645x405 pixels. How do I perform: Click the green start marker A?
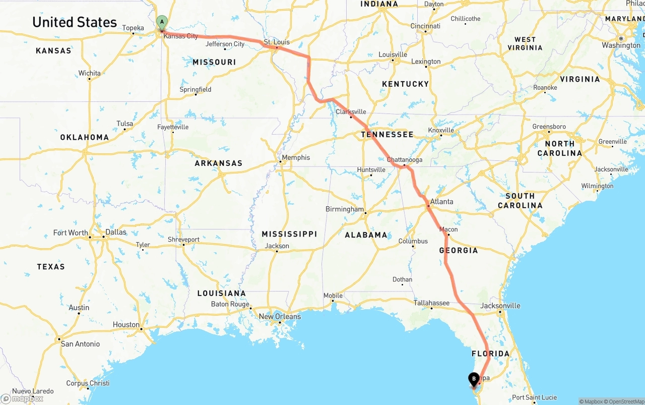pyautogui.click(x=161, y=22)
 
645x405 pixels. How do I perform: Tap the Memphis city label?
pyautogui.click(x=296, y=157)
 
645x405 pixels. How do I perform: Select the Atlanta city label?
pyautogui.click(x=441, y=201)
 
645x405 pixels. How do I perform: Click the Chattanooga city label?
pyautogui.click(x=405, y=160)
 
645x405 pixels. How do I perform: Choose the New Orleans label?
pyautogui.click(x=280, y=317)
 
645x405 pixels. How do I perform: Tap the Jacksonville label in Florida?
pyautogui.click(x=500, y=306)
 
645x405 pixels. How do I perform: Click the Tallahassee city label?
pyautogui.click(x=431, y=303)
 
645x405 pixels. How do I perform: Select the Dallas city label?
pyautogui.click(x=116, y=232)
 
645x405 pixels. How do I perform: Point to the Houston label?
pyautogui.click(x=126, y=325)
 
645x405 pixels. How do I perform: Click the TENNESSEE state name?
pyautogui.click(x=387, y=135)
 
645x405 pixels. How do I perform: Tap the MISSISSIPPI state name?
pyautogui.click(x=289, y=234)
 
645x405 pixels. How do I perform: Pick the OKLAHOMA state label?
pyautogui.click(x=84, y=137)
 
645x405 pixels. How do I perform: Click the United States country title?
pyautogui.click(x=75, y=22)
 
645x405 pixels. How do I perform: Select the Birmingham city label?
pyautogui.click(x=345, y=209)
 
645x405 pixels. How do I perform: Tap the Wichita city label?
pyautogui.click(x=89, y=73)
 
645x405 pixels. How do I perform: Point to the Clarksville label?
pyautogui.click(x=351, y=112)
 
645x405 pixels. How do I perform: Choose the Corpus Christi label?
pyautogui.click(x=88, y=383)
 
